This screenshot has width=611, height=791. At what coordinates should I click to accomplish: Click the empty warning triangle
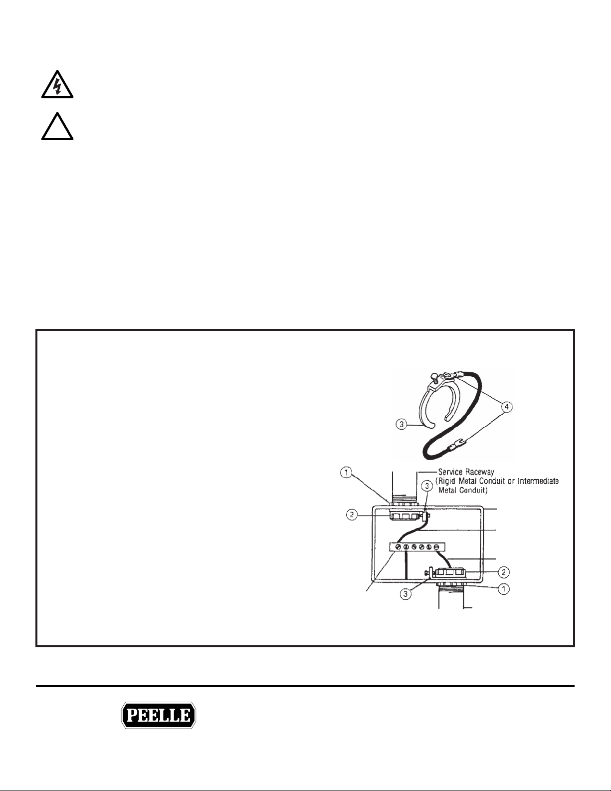point(57,127)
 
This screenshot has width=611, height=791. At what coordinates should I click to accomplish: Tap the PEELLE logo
point(159,716)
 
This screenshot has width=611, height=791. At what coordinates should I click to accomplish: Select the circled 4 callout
point(506,407)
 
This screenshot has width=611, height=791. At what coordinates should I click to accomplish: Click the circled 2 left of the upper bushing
point(353,516)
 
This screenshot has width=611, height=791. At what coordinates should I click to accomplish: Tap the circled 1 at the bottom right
point(504,589)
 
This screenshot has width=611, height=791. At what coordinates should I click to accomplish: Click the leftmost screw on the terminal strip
point(398,547)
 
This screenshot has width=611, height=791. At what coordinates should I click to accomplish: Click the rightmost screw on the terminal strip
point(436,547)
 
